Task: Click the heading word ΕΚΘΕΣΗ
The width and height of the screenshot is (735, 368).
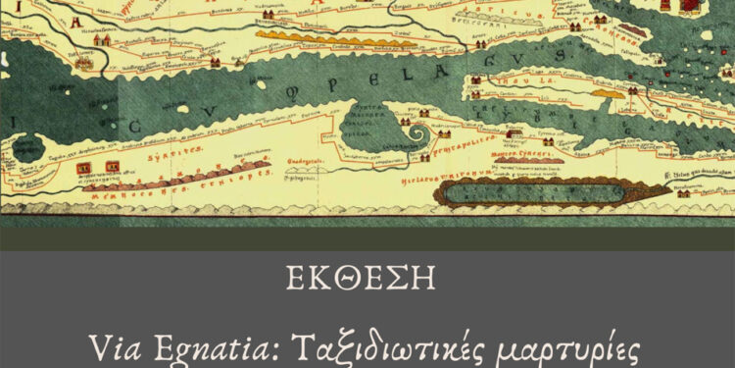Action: click(x=367, y=278)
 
